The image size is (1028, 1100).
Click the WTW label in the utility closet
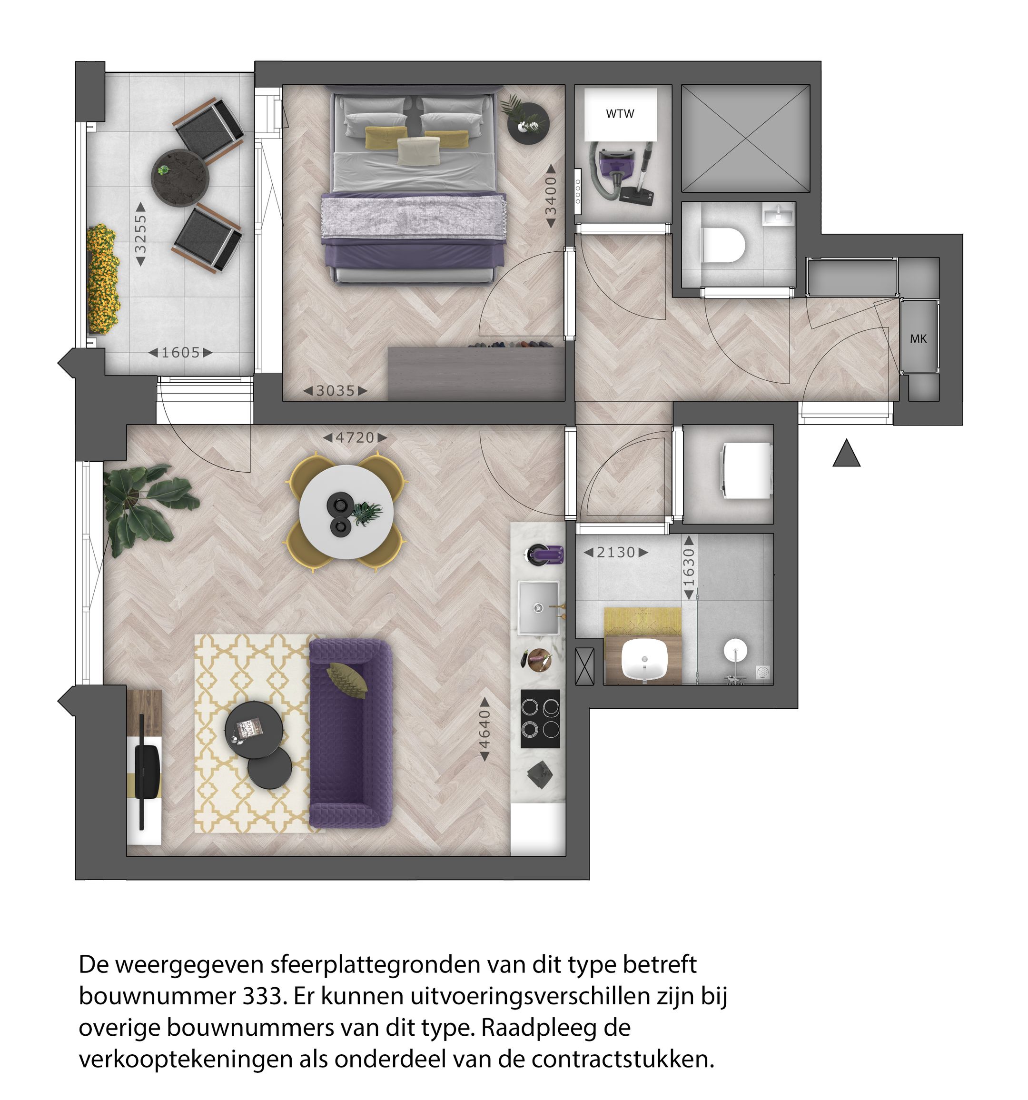(x=620, y=114)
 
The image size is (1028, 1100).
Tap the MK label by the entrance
(x=918, y=338)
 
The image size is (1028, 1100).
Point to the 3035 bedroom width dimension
(x=335, y=391)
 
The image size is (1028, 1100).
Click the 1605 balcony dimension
(x=180, y=352)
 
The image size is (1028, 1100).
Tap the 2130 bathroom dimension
(x=616, y=552)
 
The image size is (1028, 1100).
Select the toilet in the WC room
(x=723, y=244)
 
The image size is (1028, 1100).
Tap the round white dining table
(x=346, y=511)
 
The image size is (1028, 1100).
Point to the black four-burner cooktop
(x=540, y=719)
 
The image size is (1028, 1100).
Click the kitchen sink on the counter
(x=538, y=607)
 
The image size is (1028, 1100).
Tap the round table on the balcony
(x=180, y=177)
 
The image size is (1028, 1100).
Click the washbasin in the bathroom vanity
(x=644, y=661)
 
